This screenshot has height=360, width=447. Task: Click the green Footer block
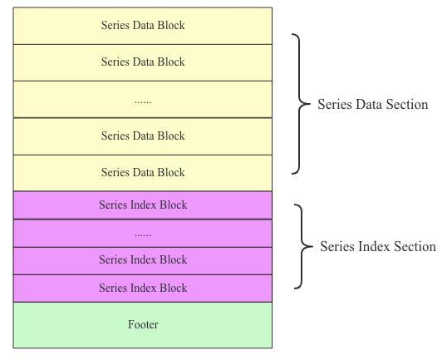pyautogui.click(x=142, y=325)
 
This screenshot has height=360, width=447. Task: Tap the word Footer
pyautogui.click(x=143, y=325)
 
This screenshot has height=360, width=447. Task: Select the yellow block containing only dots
pyautogui.click(x=142, y=99)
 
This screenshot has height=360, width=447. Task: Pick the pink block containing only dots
pyautogui.click(x=142, y=234)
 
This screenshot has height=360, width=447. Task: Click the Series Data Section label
pyautogui.click(x=372, y=105)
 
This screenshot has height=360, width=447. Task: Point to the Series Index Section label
pyautogui.click(x=378, y=247)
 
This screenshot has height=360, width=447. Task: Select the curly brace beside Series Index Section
pyautogui.click(x=302, y=246)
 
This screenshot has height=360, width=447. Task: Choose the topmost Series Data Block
pyautogui.click(x=142, y=25)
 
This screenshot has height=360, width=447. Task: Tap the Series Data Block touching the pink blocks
pyautogui.click(x=142, y=173)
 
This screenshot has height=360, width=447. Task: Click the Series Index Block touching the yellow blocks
pyautogui.click(x=142, y=205)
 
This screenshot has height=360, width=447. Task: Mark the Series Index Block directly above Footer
pyautogui.click(x=142, y=288)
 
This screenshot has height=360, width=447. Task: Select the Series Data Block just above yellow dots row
pyautogui.click(x=142, y=62)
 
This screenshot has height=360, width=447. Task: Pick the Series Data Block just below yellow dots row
pyautogui.click(x=142, y=136)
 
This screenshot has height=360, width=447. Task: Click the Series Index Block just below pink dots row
pyautogui.click(x=142, y=260)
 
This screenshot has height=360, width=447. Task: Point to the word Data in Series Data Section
pyautogui.click(x=366, y=105)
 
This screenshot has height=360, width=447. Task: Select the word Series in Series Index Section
pyautogui.click(x=336, y=247)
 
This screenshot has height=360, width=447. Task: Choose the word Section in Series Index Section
pyautogui.click(x=413, y=247)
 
